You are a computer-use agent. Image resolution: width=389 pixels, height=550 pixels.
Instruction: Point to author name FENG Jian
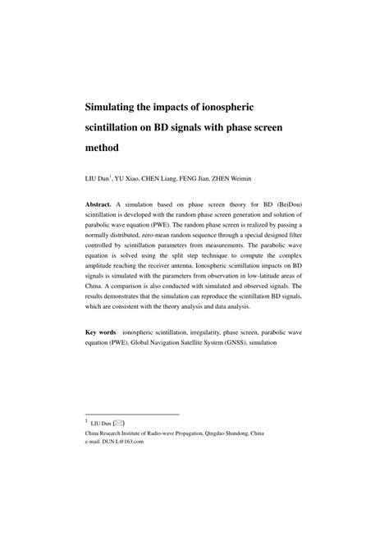click(x=217, y=178)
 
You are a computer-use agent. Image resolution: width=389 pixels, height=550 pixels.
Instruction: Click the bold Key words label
click(x=101, y=332)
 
